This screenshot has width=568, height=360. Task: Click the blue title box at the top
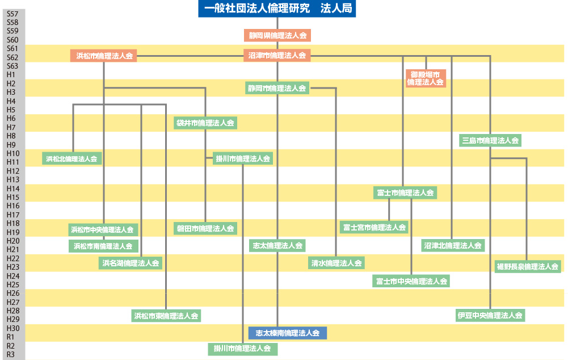click(x=277, y=9)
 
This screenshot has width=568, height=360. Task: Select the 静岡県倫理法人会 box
click(x=277, y=36)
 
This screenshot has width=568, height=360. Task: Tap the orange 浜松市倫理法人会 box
click(x=104, y=56)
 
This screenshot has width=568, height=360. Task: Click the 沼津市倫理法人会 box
click(x=277, y=56)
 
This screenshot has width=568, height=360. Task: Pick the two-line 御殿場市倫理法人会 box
click(x=426, y=78)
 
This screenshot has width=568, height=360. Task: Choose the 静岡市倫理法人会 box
click(x=277, y=89)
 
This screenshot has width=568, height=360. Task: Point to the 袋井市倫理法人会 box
click(x=205, y=123)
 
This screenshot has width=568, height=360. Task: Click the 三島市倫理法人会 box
click(x=490, y=140)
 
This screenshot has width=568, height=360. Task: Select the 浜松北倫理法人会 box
click(x=72, y=159)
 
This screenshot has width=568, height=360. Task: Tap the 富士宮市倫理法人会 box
click(x=375, y=228)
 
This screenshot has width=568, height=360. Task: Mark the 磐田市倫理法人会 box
click(x=205, y=229)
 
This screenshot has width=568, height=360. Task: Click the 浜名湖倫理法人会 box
click(x=131, y=263)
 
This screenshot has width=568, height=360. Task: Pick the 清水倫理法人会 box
click(x=336, y=263)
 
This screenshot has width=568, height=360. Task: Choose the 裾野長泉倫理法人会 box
click(x=528, y=266)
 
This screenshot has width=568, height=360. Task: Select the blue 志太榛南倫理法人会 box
click(x=288, y=333)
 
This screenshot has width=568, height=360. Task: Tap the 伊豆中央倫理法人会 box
click(x=490, y=315)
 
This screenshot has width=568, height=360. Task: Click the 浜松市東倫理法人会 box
click(x=166, y=316)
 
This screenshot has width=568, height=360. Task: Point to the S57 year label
click(x=12, y=14)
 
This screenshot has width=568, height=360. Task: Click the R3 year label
click(x=11, y=354)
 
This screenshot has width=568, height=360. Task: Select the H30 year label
click(x=12, y=328)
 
